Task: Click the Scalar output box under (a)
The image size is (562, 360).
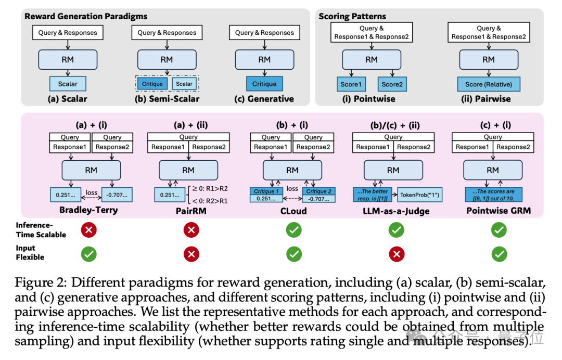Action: (68, 84)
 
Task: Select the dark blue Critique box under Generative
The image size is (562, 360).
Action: (264, 84)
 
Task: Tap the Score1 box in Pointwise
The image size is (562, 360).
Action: (350, 84)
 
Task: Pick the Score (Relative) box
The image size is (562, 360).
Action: (488, 84)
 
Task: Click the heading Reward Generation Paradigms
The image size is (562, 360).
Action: (86, 17)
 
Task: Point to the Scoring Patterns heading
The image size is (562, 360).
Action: (352, 17)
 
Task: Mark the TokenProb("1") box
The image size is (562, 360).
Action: (419, 196)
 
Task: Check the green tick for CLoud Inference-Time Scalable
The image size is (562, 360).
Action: (294, 229)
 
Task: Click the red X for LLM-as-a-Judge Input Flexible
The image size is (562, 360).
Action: (397, 253)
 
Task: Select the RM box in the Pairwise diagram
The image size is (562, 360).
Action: (488, 59)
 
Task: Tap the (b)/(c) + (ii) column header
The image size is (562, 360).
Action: (393, 125)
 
